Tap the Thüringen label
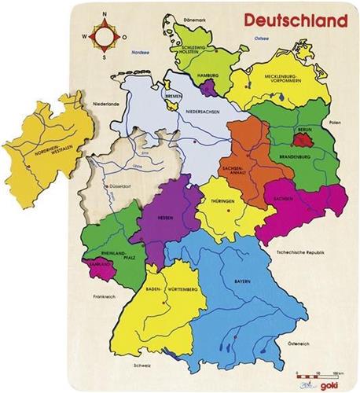(x=222, y=202)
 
